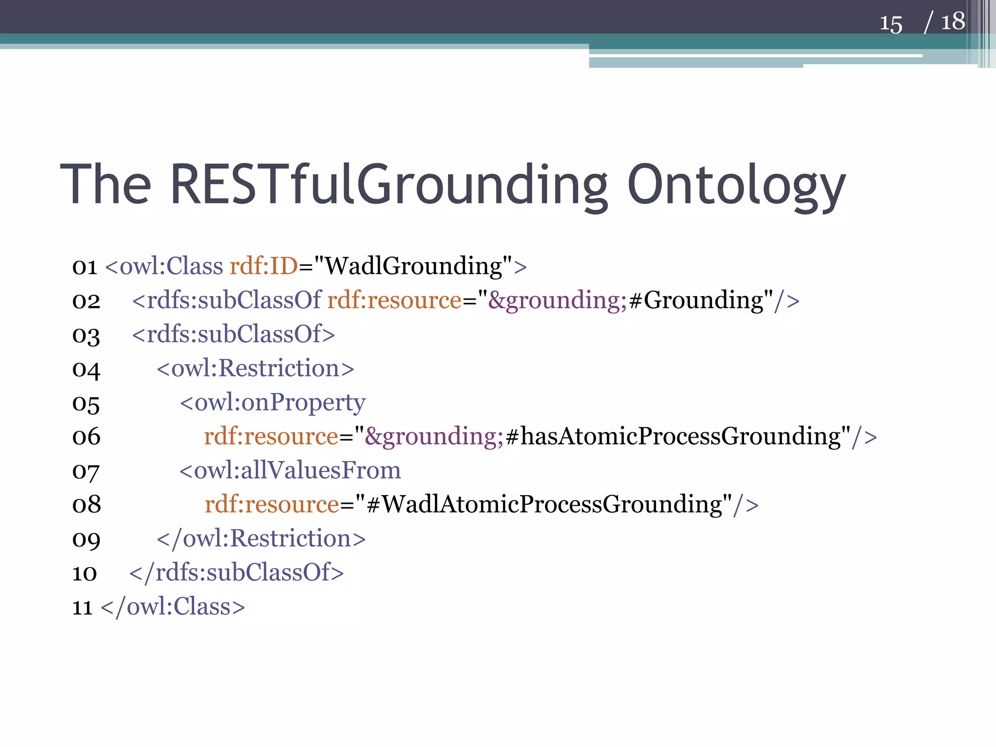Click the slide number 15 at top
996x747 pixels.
pos(890,23)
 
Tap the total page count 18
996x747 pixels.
pos(953,22)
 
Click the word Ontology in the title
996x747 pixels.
pos(736,185)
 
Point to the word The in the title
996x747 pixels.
pos(106,185)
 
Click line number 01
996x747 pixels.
pos(85,267)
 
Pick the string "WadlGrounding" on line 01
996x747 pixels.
pos(412,266)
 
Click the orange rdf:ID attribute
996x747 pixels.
pos(264,266)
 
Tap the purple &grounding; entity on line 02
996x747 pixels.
pos(557,300)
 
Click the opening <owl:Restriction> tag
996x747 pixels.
pos(255,368)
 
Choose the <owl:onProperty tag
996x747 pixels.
pos(272,402)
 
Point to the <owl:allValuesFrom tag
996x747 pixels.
pos(290,470)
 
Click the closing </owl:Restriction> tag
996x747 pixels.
pos(261,538)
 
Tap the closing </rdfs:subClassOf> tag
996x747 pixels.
pos(236,572)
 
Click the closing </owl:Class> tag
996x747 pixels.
pos(173,606)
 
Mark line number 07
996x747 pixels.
pos(86,471)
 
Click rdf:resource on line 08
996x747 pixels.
pos(271,504)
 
